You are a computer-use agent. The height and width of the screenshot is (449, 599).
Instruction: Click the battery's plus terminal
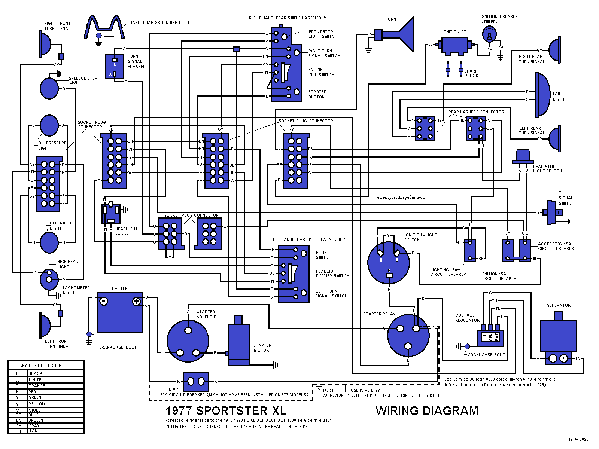[136, 301]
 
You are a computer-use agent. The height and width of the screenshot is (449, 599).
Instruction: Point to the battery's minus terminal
[104, 301]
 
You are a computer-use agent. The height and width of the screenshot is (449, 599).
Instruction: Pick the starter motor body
[238, 344]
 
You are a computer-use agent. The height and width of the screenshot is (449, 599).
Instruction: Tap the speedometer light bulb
[49, 88]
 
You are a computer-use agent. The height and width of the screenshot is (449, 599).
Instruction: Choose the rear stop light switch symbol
[523, 156]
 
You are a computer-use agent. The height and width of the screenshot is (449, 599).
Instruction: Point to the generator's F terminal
[553, 358]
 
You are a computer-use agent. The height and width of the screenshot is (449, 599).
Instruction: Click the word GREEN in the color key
[35, 397]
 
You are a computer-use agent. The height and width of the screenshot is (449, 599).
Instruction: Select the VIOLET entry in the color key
[36, 410]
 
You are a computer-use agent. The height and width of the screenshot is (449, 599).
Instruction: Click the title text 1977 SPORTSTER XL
[226, 410]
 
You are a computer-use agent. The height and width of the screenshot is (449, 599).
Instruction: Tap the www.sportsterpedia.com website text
[401, 197]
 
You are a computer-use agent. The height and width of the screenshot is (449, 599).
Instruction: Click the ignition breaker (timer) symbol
[489, 36]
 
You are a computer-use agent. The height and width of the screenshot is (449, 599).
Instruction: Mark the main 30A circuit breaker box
[196, 382]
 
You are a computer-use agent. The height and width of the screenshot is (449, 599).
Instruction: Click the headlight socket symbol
[111, 214]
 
